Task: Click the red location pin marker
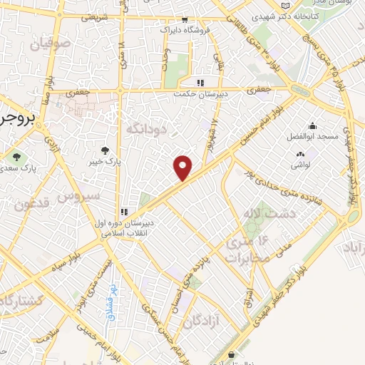(x=183, y=167)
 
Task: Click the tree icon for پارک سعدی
(x=16, y=156)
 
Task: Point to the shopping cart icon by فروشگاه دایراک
(x=185, y=20)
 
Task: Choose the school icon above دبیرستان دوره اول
(x=124, y=211)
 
